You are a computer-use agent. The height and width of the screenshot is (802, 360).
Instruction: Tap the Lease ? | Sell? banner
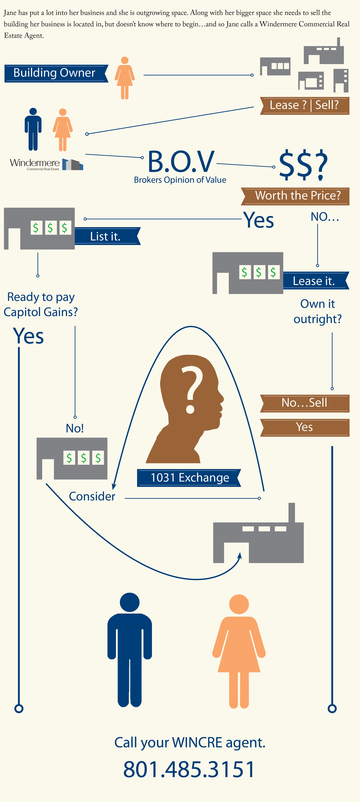coord(304,106)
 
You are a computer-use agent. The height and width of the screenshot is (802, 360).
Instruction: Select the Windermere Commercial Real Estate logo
coord(46,164)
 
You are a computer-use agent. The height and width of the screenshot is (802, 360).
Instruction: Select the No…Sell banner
coord(304,403)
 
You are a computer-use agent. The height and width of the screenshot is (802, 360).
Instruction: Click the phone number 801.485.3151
coord(189,769)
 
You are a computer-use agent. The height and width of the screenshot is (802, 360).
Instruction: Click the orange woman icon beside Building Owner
coord(125,78)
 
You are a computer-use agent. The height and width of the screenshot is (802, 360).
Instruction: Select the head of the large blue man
coord(129,602)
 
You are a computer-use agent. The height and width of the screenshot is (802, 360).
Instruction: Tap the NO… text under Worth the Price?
coord(325,217)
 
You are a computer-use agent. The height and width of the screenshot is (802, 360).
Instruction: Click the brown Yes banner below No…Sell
coord(304,427)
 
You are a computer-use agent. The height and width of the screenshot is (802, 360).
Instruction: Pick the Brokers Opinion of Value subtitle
coord(180,180)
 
